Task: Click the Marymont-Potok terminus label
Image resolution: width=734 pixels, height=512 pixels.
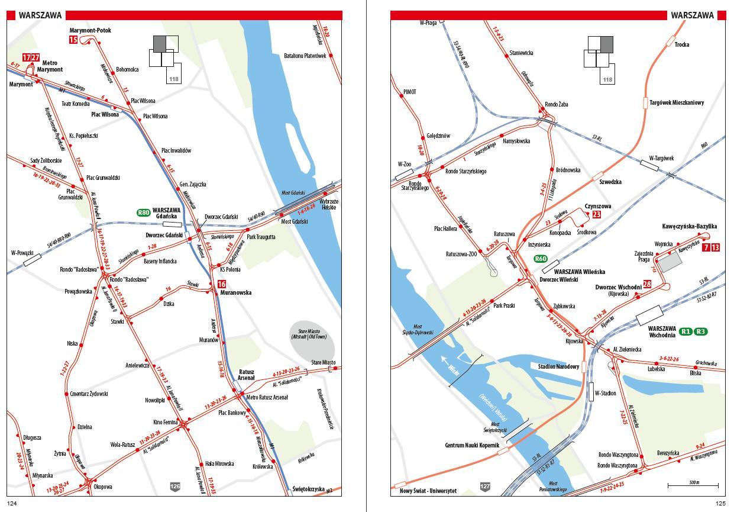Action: (x=90, y=30)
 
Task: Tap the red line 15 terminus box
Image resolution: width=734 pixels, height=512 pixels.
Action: (x=73, y=40)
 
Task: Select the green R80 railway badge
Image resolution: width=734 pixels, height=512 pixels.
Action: (x=143, y=212)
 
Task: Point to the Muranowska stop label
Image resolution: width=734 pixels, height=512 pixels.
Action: (x=236, y=292)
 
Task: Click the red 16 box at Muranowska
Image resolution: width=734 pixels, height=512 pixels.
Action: (x=222, y=284)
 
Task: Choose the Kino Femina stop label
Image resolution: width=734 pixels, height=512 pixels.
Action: (x=166, y=422)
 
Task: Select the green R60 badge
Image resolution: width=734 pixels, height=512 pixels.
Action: (x=541, y=259)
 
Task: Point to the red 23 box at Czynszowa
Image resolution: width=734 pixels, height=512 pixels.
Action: (x=596, y=214)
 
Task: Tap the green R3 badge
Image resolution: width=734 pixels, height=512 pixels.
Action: (x=701, y=331)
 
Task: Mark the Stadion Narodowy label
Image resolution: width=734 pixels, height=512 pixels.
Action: (x=558, y=366)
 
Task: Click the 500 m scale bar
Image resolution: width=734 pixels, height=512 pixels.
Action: (x=693, y=485)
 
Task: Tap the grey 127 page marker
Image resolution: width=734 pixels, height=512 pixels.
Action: (x=485, y=487)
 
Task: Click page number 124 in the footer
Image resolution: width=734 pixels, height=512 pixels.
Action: (x=12, y=504)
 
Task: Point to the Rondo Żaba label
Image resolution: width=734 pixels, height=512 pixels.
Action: (x=556, y=104)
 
